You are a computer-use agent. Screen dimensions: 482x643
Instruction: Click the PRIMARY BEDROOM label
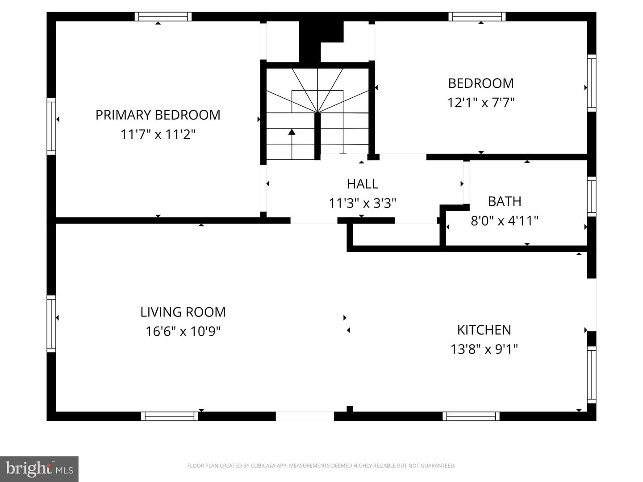coord(158,115)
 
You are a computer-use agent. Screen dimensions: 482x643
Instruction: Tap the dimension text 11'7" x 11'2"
coord(158,134)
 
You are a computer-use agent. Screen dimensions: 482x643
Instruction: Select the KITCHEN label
coord(484,330)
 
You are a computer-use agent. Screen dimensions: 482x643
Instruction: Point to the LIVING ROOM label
coord(183,312)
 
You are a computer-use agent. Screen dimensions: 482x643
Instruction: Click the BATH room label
coord(505,201)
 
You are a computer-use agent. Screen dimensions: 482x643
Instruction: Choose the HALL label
coord(363,183)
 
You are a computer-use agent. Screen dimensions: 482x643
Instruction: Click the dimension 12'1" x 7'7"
coord(481,103)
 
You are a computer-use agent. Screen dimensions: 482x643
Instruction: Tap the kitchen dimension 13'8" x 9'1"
coord(484,349)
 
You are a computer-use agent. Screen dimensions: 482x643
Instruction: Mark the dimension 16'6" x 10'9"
coord(183,332)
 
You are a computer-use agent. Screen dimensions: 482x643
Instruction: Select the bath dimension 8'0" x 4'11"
coord(505,221)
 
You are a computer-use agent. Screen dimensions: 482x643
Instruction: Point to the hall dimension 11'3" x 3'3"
coord(363,204)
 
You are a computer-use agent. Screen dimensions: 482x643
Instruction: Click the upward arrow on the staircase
coord(292,133)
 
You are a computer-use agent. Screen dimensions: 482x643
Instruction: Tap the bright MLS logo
coord(39,469)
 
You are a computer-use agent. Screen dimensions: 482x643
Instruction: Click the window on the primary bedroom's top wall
coord(163,17)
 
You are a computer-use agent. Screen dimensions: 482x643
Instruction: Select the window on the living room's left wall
coord(51,324)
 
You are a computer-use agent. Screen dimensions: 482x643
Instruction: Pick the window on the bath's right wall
coord(592,196)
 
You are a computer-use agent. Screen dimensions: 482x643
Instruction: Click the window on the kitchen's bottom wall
coord(471,416)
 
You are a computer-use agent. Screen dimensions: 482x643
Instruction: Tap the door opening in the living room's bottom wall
coord(305,416)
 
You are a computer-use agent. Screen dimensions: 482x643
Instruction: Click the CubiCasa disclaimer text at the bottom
coord(321,465)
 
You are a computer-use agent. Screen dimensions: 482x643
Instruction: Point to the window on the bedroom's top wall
coord(477,17)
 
